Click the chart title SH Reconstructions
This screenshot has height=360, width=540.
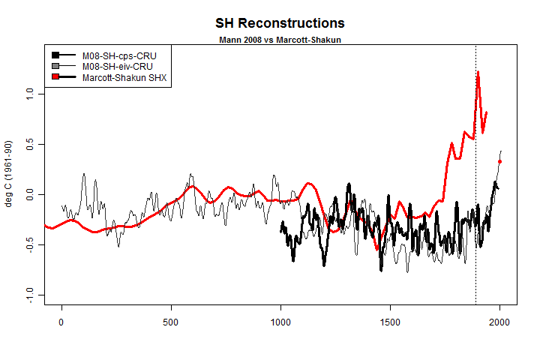(269, 24)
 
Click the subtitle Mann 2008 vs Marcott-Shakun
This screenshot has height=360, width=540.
(269, 39)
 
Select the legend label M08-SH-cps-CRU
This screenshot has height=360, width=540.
(112, 55)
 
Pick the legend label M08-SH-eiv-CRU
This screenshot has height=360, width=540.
(112, 66)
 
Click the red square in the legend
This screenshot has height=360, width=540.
(55, 76)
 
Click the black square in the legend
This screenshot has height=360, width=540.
(55, 55)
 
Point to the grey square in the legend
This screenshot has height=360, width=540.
(55, 66)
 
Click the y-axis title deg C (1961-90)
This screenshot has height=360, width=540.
(10, 174)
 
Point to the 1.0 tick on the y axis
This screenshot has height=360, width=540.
(29, 94)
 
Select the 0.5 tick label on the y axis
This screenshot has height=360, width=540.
(29, 144)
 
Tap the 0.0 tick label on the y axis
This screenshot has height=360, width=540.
(29, 194)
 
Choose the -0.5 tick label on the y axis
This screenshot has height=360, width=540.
(29, 244)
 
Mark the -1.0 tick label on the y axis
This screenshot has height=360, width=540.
(29, 295)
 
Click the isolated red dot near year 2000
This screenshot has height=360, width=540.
(500, 161)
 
